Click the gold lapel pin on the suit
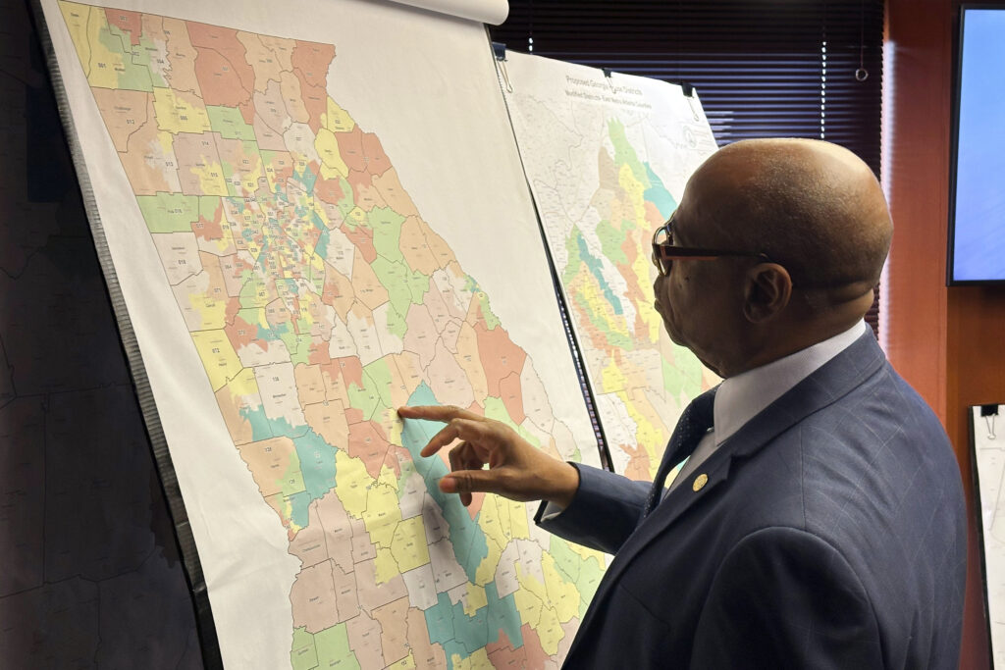[700, 482]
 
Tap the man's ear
[767, 292]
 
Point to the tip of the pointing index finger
[401, 412]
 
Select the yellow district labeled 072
[211, 347]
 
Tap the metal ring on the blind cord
[860, 73]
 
